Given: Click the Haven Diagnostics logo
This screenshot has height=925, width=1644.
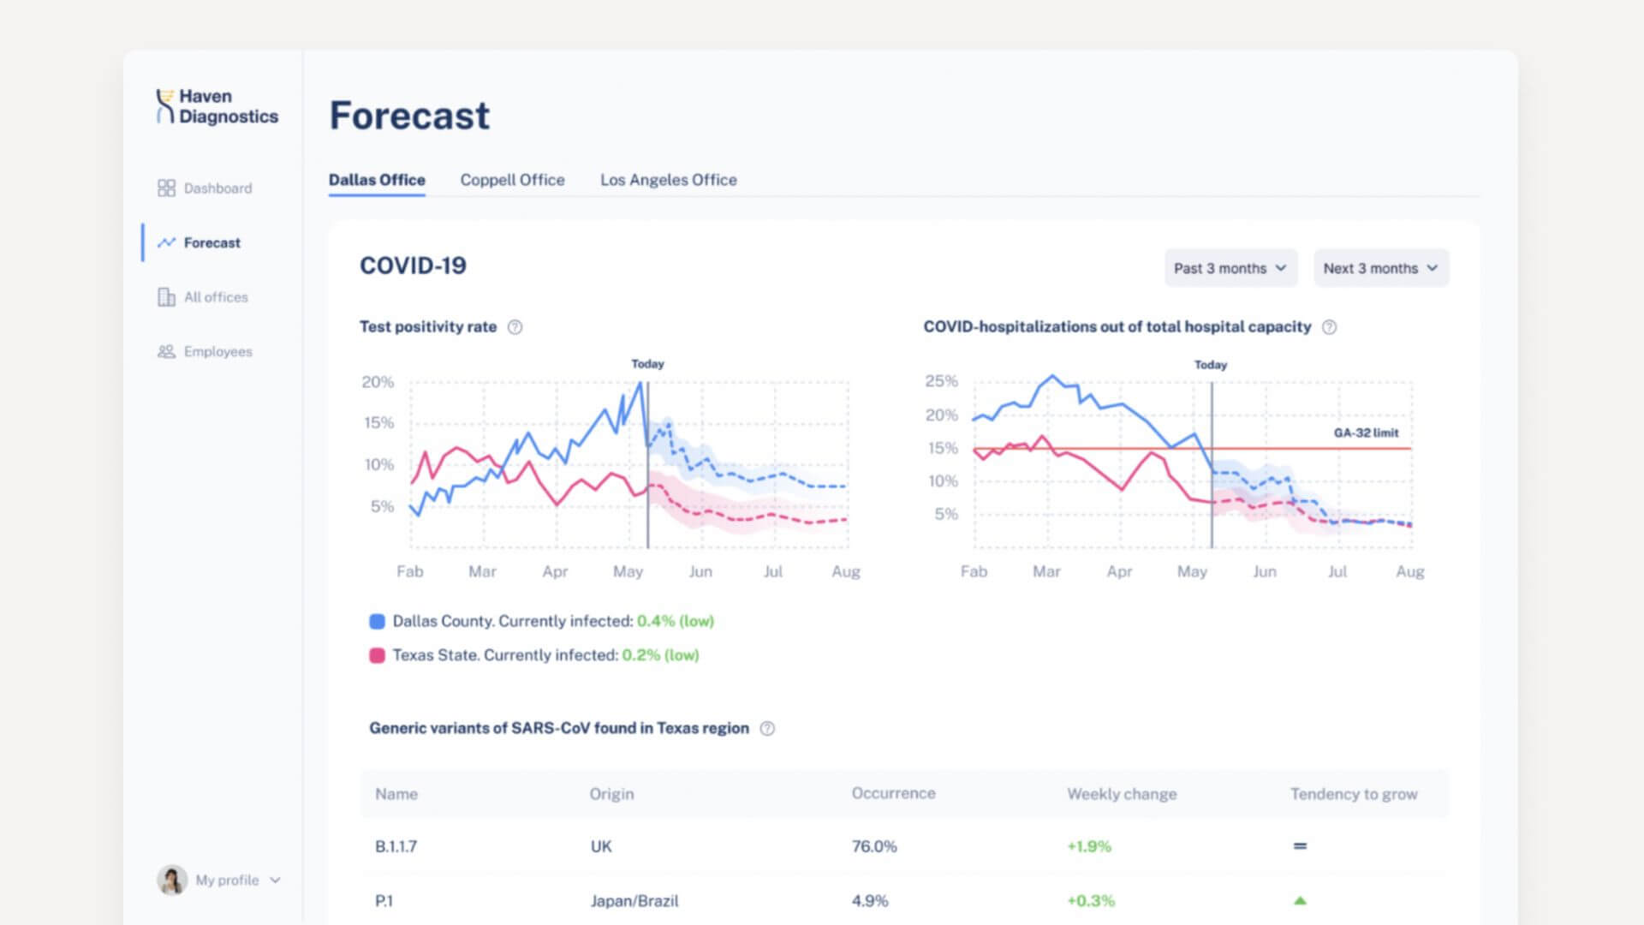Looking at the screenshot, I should point(217,107).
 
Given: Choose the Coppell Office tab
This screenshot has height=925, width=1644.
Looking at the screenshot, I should point(512,180).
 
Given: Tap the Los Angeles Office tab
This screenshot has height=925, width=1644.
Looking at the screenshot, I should point(668,180).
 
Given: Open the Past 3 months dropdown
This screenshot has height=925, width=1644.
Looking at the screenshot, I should point(1230,268).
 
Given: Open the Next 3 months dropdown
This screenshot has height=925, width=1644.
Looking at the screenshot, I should point(1380,268).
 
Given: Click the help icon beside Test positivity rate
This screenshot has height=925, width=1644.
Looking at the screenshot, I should point(515,327).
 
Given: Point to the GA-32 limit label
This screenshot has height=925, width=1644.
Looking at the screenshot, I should point(1366,433).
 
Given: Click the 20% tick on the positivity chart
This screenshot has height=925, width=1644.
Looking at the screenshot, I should point(378,382).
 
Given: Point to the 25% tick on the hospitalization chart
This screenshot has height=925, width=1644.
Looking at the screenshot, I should point(941,381).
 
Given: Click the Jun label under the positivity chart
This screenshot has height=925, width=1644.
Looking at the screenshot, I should point(700,571).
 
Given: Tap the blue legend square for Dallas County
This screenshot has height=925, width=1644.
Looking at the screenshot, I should point(377,622).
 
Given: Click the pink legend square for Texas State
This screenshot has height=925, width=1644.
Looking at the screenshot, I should point(377,655).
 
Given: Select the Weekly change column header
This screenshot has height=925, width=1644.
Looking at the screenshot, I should point(1122,794).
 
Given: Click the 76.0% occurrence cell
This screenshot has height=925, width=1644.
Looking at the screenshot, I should point(874,846).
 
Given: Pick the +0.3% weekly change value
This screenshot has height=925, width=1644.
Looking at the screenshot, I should point(1090,901).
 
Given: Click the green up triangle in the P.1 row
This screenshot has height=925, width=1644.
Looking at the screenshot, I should point(1300,900).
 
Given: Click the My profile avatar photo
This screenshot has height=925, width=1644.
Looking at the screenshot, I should point(172,880).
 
